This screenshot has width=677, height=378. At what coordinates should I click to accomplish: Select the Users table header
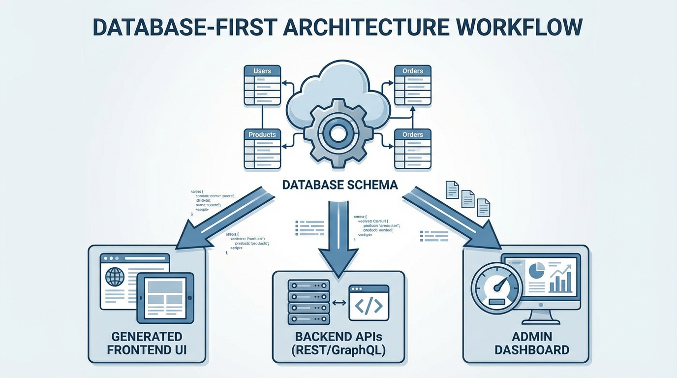262,71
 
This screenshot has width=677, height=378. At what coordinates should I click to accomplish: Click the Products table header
262,134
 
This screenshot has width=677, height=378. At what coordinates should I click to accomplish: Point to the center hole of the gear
338,132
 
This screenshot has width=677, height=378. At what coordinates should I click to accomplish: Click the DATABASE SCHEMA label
339,185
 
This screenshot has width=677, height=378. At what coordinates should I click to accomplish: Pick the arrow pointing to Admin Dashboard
453,217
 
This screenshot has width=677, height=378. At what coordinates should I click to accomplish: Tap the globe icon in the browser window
115,277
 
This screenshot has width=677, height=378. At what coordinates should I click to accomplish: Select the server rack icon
308,302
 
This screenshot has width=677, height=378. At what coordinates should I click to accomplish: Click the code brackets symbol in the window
369,306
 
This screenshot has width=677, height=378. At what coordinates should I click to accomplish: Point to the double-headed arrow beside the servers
339,303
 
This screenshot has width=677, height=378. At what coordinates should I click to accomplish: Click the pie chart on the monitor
537,270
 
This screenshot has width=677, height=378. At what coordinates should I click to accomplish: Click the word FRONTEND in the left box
147,350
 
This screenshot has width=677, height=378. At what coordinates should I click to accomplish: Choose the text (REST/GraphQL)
338,350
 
